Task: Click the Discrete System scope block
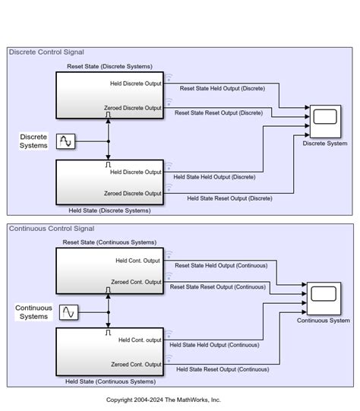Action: [325, 120]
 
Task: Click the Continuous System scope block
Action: [323, 298]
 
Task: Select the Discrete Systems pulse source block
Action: [66, 141]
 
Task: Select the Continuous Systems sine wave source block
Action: [68, 312]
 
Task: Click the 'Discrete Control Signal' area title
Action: [46, 52]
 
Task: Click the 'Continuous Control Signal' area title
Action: [52, 229]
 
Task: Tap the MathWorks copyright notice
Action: [163, 400]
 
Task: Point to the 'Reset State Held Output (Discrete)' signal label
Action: [222, 88]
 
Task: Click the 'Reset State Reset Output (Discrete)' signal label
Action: [218, 113]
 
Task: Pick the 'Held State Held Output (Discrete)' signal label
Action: [214, 177]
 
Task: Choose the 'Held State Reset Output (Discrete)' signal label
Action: [229, 198]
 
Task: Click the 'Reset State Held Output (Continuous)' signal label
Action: [221, 266]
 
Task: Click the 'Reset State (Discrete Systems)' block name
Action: [109, 66]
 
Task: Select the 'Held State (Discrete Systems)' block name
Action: [109, 210]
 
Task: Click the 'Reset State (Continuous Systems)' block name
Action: [109, 242]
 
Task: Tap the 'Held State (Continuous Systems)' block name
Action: [110, 381]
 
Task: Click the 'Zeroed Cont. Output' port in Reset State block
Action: [136, 282]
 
